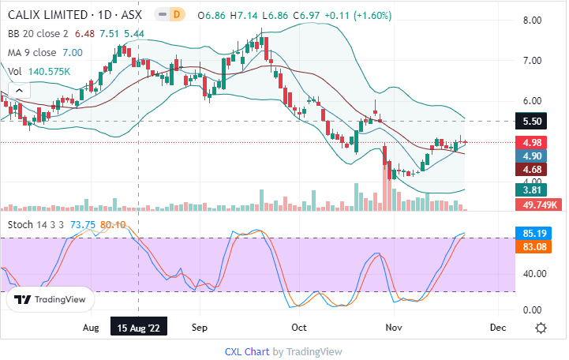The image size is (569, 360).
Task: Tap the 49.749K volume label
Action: click(539, 204)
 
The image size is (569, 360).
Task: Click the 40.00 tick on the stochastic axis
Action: click(530, 274)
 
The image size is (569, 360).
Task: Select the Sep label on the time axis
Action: click(199, 327)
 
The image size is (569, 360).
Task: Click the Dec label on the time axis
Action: click(498, 327)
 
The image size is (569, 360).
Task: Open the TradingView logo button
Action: click(51, 300)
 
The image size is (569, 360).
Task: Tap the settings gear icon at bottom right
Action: click(541, 328)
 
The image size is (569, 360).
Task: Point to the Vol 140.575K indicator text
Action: click(36, 71)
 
